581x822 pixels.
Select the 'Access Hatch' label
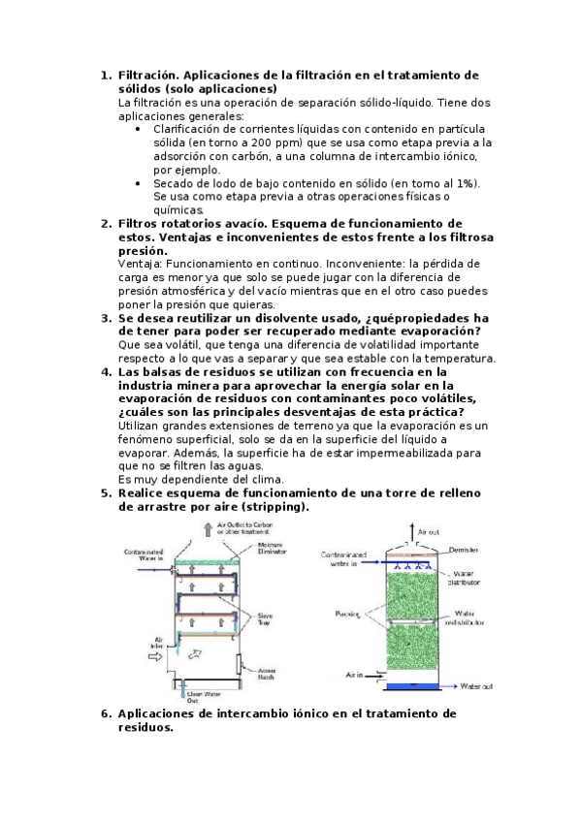(x=270, y=674)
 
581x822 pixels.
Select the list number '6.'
(x=107, y=713)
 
